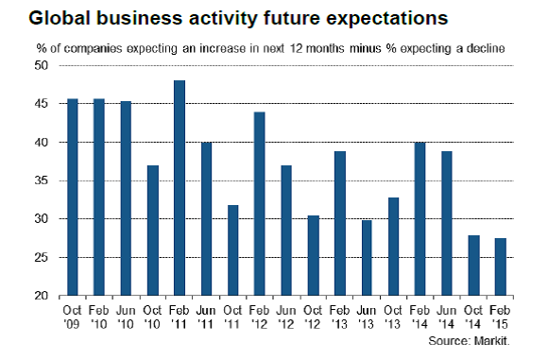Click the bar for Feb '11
click(x=180, y=188)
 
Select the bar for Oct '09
click(x=73, y=197)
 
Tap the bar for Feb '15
click(x=501, y=267)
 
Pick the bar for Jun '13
click(x=367, y=258)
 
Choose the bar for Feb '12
click(x=259, y=204)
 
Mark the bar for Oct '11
click(x=232, y=250)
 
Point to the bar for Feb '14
click(x=420, y=219)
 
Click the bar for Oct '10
click(x=153, y=231)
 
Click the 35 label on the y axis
click(x=41, y=180)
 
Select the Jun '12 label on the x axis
click(x=286, y=317)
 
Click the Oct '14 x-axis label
click(x=472, y=317)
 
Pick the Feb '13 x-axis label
click(x=339, y=317)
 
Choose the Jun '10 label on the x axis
click(x=125, y=317)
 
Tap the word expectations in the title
click(x=386, y=19)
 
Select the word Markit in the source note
click(x=491, y=341)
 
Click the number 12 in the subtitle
click(x=296, y=48)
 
